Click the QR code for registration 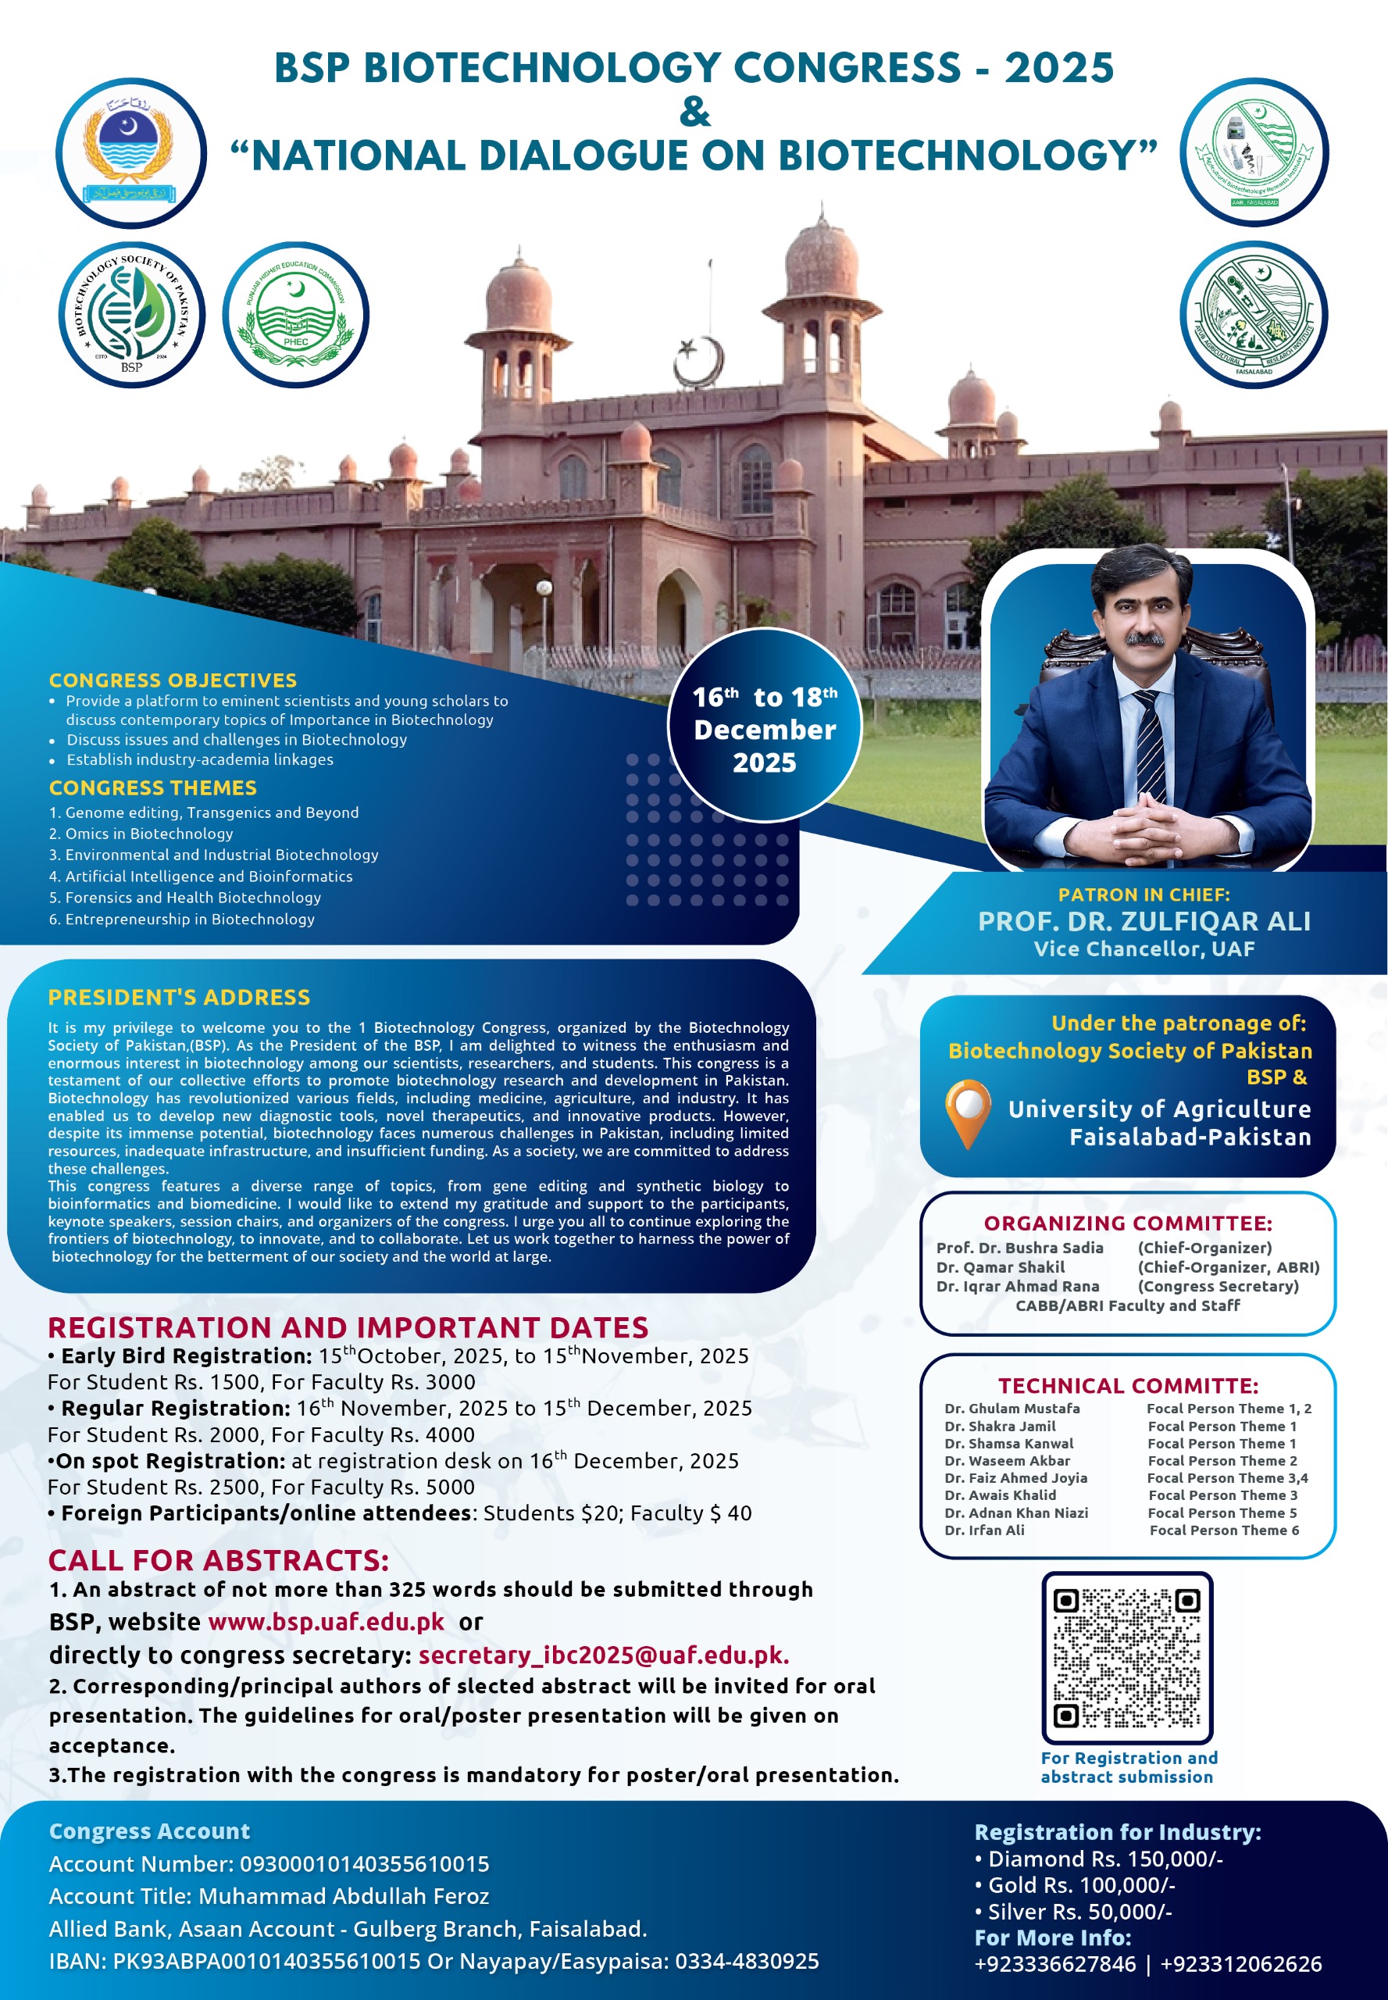pos(1127,1657)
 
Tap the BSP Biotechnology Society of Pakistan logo pos(131,315)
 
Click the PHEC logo pos(296,315)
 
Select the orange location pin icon pos(968,1111)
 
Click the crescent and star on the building pos(699,360)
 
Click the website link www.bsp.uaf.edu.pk pos(326,1622)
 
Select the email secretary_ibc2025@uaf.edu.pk pos(604,1655)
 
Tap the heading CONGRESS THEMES pos(152,787)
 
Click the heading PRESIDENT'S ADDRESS pos(179,997)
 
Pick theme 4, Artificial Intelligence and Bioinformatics pos(201,876)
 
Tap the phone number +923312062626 pos(1241,1963)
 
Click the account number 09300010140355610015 pos(365,1864)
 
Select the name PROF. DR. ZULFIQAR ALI pos(1144,921)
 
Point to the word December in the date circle pos(765,730)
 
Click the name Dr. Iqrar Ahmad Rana pos(1018,1286)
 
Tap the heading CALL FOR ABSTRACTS pos(218,1561)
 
